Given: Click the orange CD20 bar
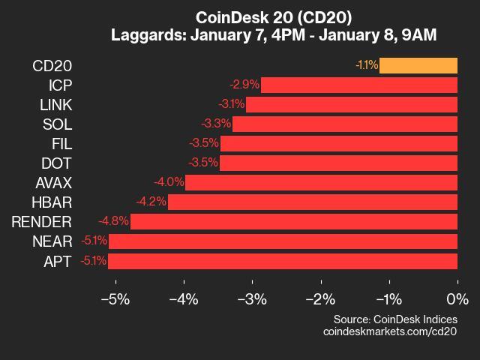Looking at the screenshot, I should point(418,65).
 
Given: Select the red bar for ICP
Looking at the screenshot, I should point(358,85).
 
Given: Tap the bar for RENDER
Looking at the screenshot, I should point(293,221).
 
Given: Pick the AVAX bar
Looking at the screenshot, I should point(321,182).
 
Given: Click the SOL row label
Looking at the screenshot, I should point(57,124).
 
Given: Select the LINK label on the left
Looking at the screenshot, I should point(56,104).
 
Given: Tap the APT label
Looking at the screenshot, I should point(58,261).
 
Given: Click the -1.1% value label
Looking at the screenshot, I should point(366,65).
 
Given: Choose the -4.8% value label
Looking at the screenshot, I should point(113,221).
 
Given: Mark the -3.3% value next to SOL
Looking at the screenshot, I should point(216,124).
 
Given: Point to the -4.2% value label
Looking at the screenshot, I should point(151,202).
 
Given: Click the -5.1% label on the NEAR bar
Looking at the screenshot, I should point(94,241).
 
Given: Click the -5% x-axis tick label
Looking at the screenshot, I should point(115,299).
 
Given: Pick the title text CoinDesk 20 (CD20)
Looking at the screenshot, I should point(273,16).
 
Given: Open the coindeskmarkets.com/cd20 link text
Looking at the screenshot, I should point(389,331).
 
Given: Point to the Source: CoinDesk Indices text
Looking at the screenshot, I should point(394,318).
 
